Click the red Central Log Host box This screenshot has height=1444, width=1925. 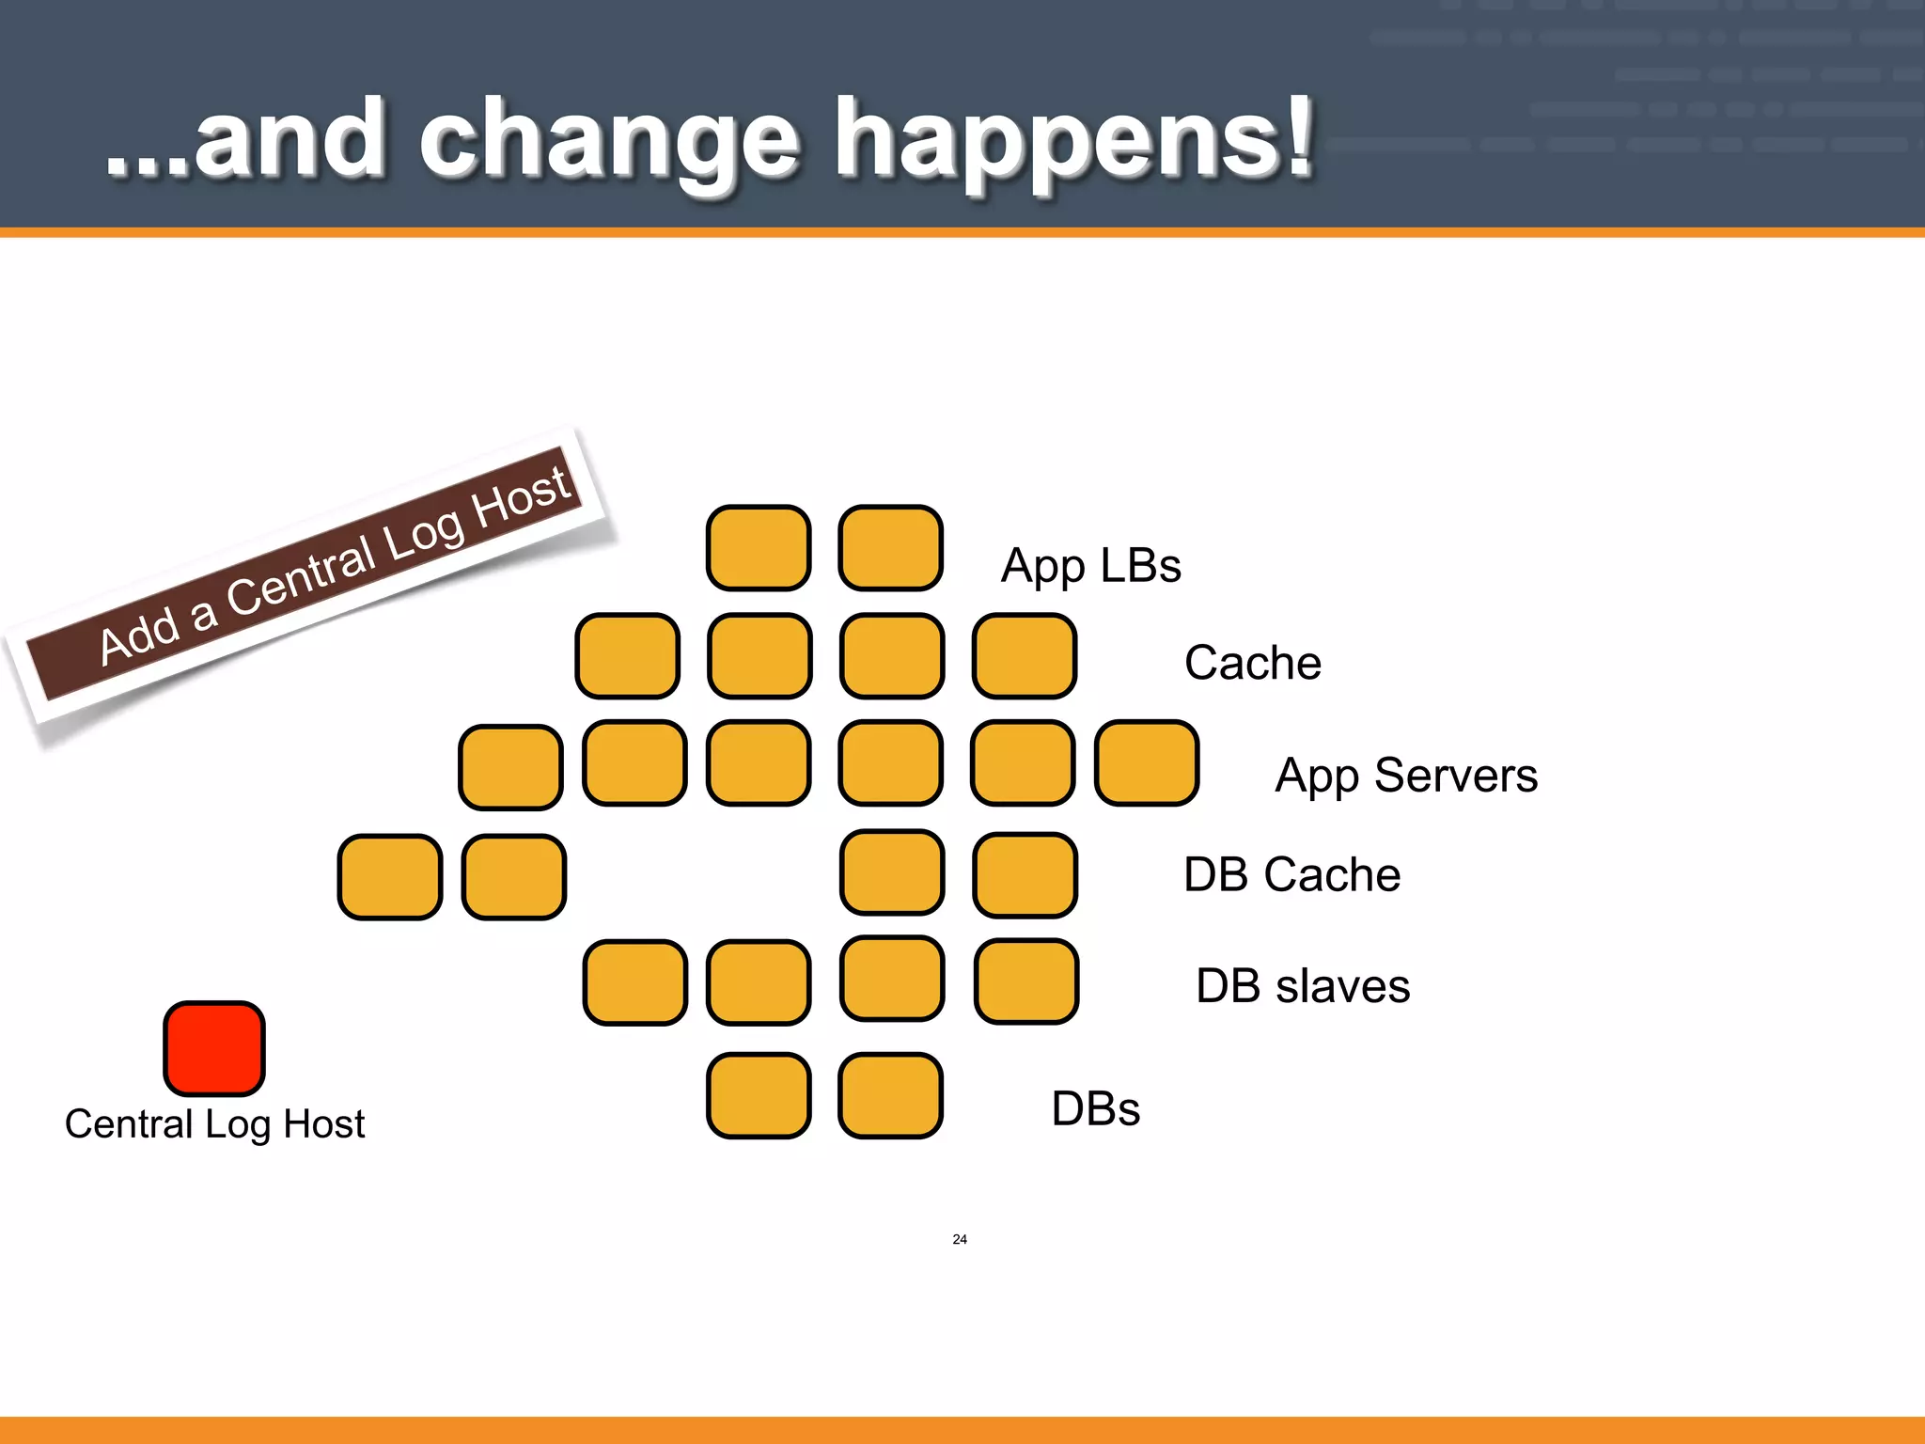coord(214,1047)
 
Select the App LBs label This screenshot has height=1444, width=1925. coord(1090,566)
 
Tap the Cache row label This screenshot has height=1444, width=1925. coord(1252,663)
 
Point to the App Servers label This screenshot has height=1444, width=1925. coord(1405,777)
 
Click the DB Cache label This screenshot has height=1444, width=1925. coord(1291,874)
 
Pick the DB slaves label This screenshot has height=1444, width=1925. coord(1302,986)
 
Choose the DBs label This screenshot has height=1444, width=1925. coord(1095,1108)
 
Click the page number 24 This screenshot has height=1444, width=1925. coord(959,1239)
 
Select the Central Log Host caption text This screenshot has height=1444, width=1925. coord(214,1124)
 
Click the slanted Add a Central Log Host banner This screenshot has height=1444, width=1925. coord(310,573)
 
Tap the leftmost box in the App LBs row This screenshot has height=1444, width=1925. coord(759,548)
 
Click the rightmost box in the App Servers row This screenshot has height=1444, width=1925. coord(1147,763)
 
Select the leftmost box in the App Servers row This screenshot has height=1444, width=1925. coord(510,767)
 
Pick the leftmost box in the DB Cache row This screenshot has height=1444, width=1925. coord(389,876)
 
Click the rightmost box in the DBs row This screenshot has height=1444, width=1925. coord(890,1095)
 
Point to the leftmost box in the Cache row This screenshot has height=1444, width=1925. coord(627,655)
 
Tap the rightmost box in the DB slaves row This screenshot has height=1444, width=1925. coord(1025,981)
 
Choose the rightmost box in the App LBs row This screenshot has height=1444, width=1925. coord(890,548)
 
